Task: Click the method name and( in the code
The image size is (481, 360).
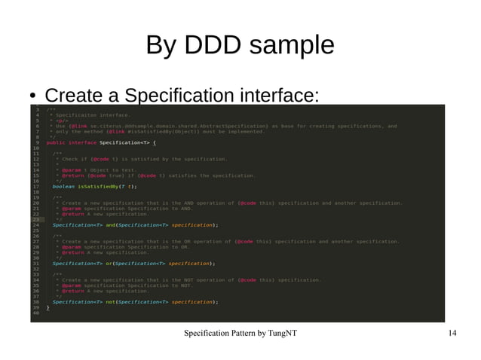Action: [x=111, y=224]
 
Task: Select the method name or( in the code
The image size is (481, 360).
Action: [x=109, y=264]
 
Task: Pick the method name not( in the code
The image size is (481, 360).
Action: [x=111, y=302]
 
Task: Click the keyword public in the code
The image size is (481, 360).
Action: [x=56, y=142]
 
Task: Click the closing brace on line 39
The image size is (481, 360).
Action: [x=48, y=307]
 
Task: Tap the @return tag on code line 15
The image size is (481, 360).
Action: [x=72, y=175]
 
